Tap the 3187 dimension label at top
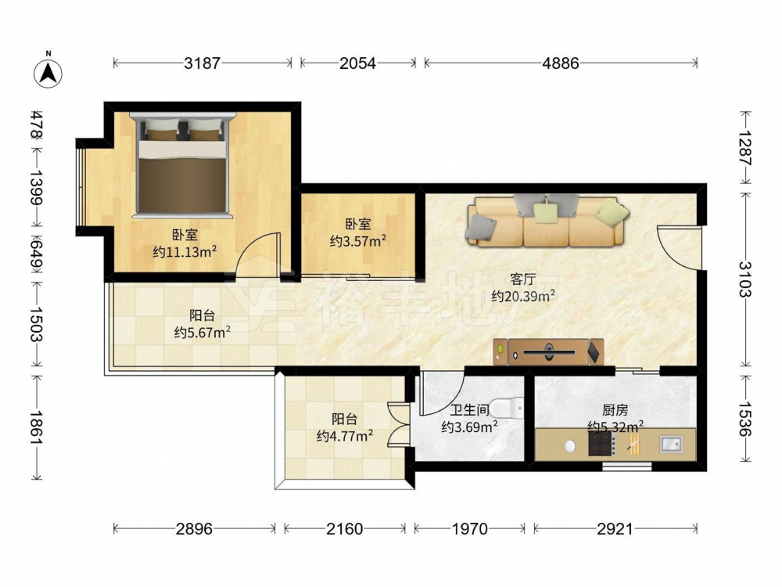pyautogui.click(x=202, y=63)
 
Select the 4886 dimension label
pyautogui.click(x=561, y=63)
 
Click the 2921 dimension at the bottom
pyautogui.click(x=615, y=528)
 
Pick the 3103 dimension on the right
pyautogui.click(x=745, y=279)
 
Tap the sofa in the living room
pyautogui.click(x=547, y=221)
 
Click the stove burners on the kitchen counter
pyautogui.click(x=601, y=443)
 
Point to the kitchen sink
pyautogui.click(x=672, y=443)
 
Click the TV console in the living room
pyautogui.click(x=549, y=352)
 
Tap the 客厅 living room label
pyautogui.click(x=523, y=279)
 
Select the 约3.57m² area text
pyautogui.click(x=358, y=241)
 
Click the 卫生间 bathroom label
pyautogui.click(x=469, y=410)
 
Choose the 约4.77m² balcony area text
pyautogui.click(x=345, y=436)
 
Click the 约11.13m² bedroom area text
pyautogui.click(x=185, y=251)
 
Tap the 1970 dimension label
pyautogui.click(x=469, y=528)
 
